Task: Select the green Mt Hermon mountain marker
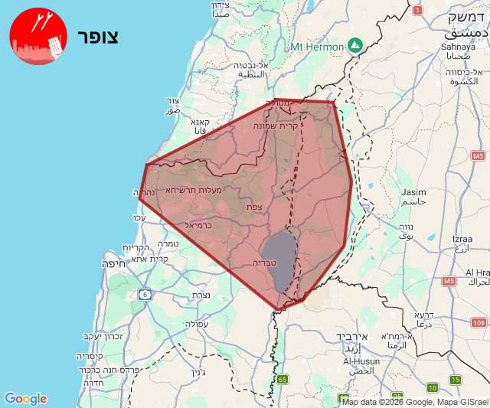(355, 45)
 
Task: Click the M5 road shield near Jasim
(479, 156)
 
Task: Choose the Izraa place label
(462, 240)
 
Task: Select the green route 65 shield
(283, 379)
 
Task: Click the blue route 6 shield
(144, 294)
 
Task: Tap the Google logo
(25, 399)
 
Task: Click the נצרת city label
(200, 295)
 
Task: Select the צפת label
(254, 207)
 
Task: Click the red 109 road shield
(479, 323)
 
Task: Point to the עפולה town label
(197, 324)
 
